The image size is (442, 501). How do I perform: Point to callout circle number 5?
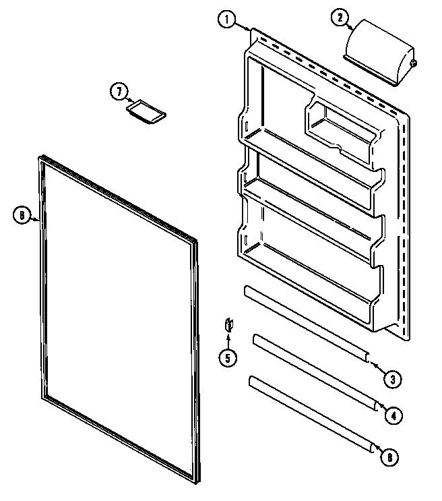pyautogui.click(x=227, y=357)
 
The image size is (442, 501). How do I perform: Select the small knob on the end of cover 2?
pyautogui.click(x=413, y=64)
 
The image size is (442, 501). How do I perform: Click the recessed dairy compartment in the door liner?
pyautogui.click(x=340, y=128)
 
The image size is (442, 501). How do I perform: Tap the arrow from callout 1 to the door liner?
pyautogui.click(x=245, y=26)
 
